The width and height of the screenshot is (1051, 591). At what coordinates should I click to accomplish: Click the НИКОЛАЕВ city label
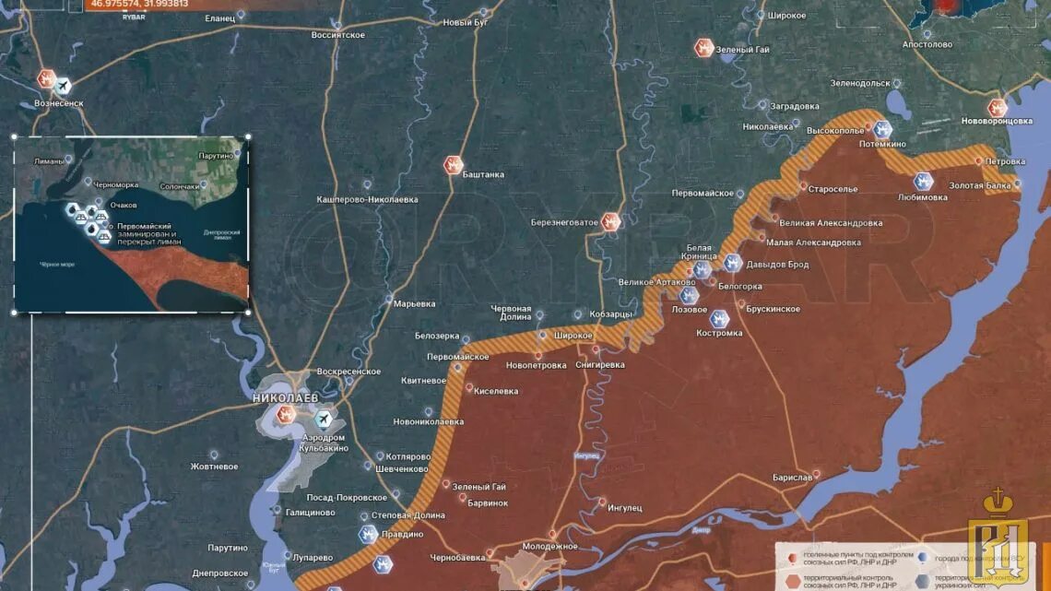(x=285, y=397)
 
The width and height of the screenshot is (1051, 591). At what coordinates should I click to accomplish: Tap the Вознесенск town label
(x=59, y=103)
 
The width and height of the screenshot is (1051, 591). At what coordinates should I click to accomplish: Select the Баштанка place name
(x=483, y=174)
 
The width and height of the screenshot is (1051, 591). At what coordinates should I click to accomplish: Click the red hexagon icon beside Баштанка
(x=453, y=165)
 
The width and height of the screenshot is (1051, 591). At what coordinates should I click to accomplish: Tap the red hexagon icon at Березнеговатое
(x=610, y=221)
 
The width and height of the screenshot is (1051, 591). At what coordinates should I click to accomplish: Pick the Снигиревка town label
(x=599, y=365)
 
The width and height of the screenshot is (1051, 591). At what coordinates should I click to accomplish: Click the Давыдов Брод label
(x=777, y=266)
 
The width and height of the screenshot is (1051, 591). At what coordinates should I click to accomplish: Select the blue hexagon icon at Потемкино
(x=882, y=129)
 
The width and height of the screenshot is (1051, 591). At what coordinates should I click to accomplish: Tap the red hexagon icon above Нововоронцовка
(x=997, y=107)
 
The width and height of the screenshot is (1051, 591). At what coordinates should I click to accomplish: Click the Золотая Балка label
(x=979, y=186)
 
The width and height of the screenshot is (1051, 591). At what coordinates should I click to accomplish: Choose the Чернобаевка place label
(x=458, y=558)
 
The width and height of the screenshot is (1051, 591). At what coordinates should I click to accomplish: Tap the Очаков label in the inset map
(x=123, y=205)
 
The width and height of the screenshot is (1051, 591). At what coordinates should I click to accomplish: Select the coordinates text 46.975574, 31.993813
(x=139, y=4)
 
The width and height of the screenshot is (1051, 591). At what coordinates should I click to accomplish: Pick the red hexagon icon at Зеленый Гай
(x=704, y=48)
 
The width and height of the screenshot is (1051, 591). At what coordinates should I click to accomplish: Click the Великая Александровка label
(x=831, y=223)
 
